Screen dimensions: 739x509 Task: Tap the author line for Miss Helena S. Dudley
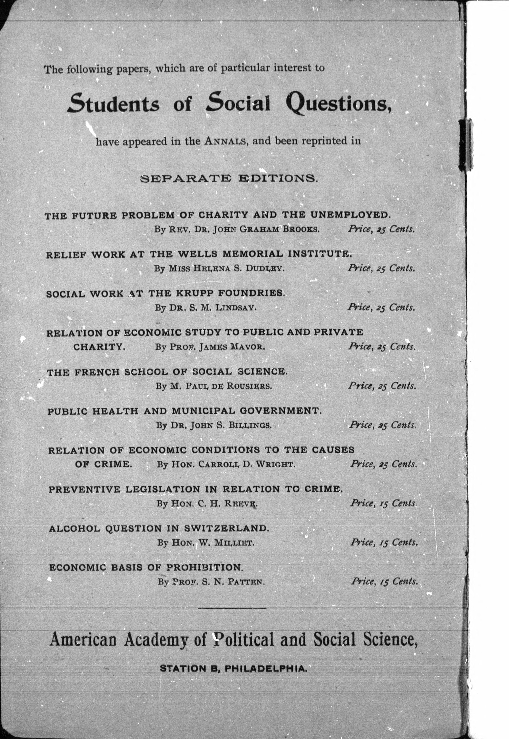[x=219, y=268]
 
